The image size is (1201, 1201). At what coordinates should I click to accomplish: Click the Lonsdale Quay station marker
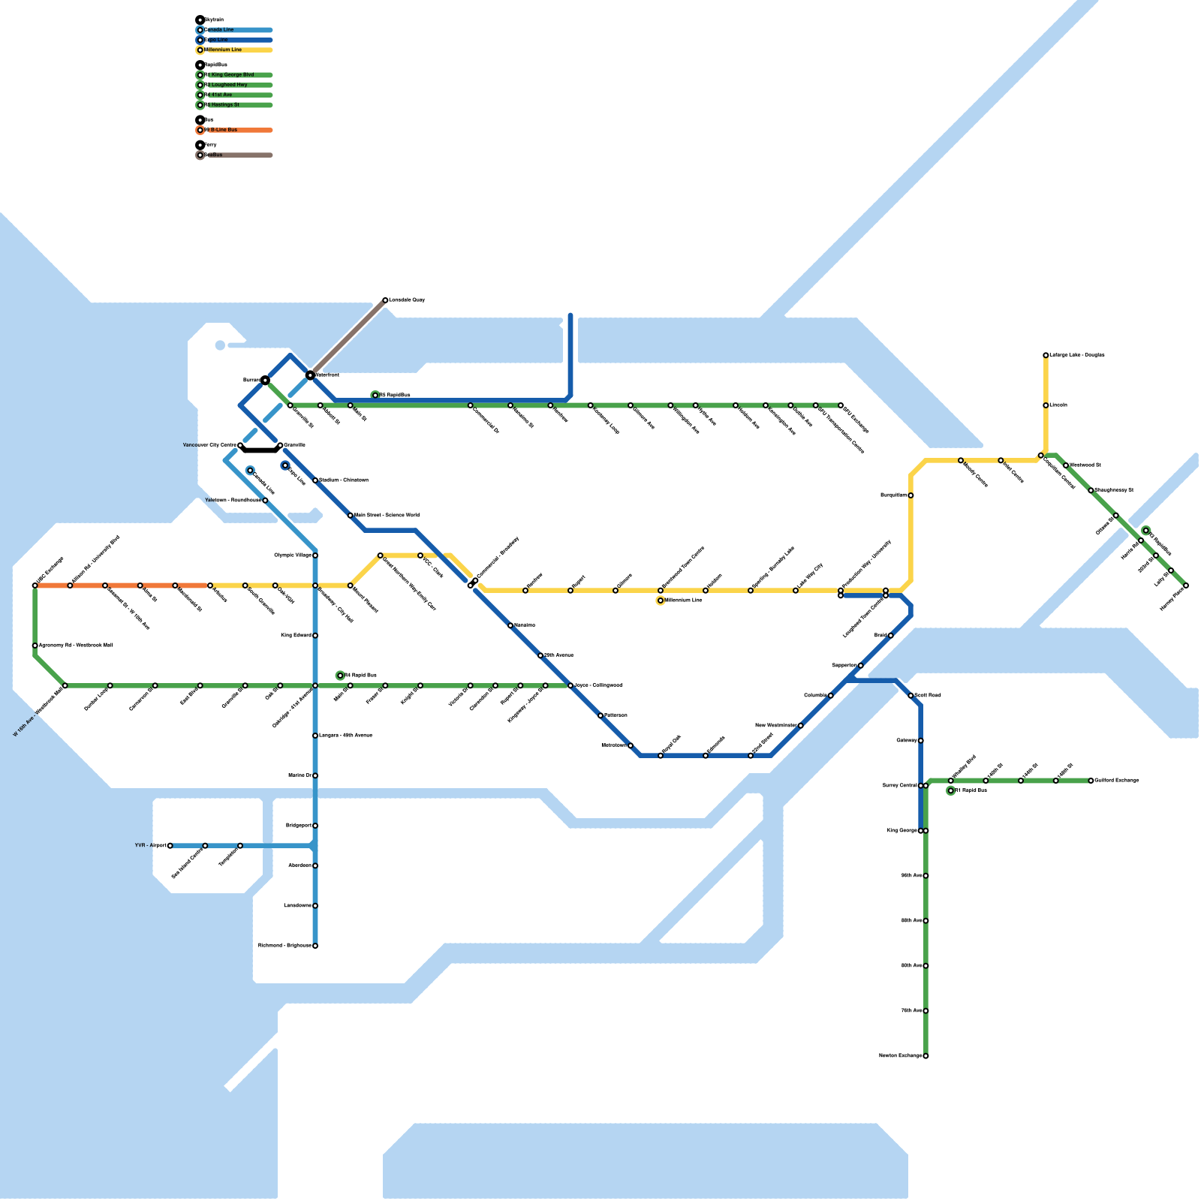(385, 300)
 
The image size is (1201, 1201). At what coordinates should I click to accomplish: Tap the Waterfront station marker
(310, 375)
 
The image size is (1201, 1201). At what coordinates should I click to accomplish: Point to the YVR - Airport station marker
(170, 846)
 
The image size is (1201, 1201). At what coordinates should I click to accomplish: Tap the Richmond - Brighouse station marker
(315, 946)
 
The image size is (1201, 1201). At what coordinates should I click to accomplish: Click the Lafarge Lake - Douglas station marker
(1046, 355)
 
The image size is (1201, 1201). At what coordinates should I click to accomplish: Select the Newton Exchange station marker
(926, 1056)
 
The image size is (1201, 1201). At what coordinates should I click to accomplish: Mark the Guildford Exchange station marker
(1091, 781)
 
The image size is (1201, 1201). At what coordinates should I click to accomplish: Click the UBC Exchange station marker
(35, 585)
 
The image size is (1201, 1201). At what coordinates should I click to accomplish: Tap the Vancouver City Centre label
(209, 445)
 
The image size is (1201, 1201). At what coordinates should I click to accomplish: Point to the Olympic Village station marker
(315, 555)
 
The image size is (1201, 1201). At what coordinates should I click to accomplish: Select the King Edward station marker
(315, 636)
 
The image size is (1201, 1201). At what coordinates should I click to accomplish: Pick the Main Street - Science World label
(387, 516)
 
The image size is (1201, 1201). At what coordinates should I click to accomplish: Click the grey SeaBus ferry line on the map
(348, 338)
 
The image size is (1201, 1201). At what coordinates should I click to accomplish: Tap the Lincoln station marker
(1046, 405)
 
